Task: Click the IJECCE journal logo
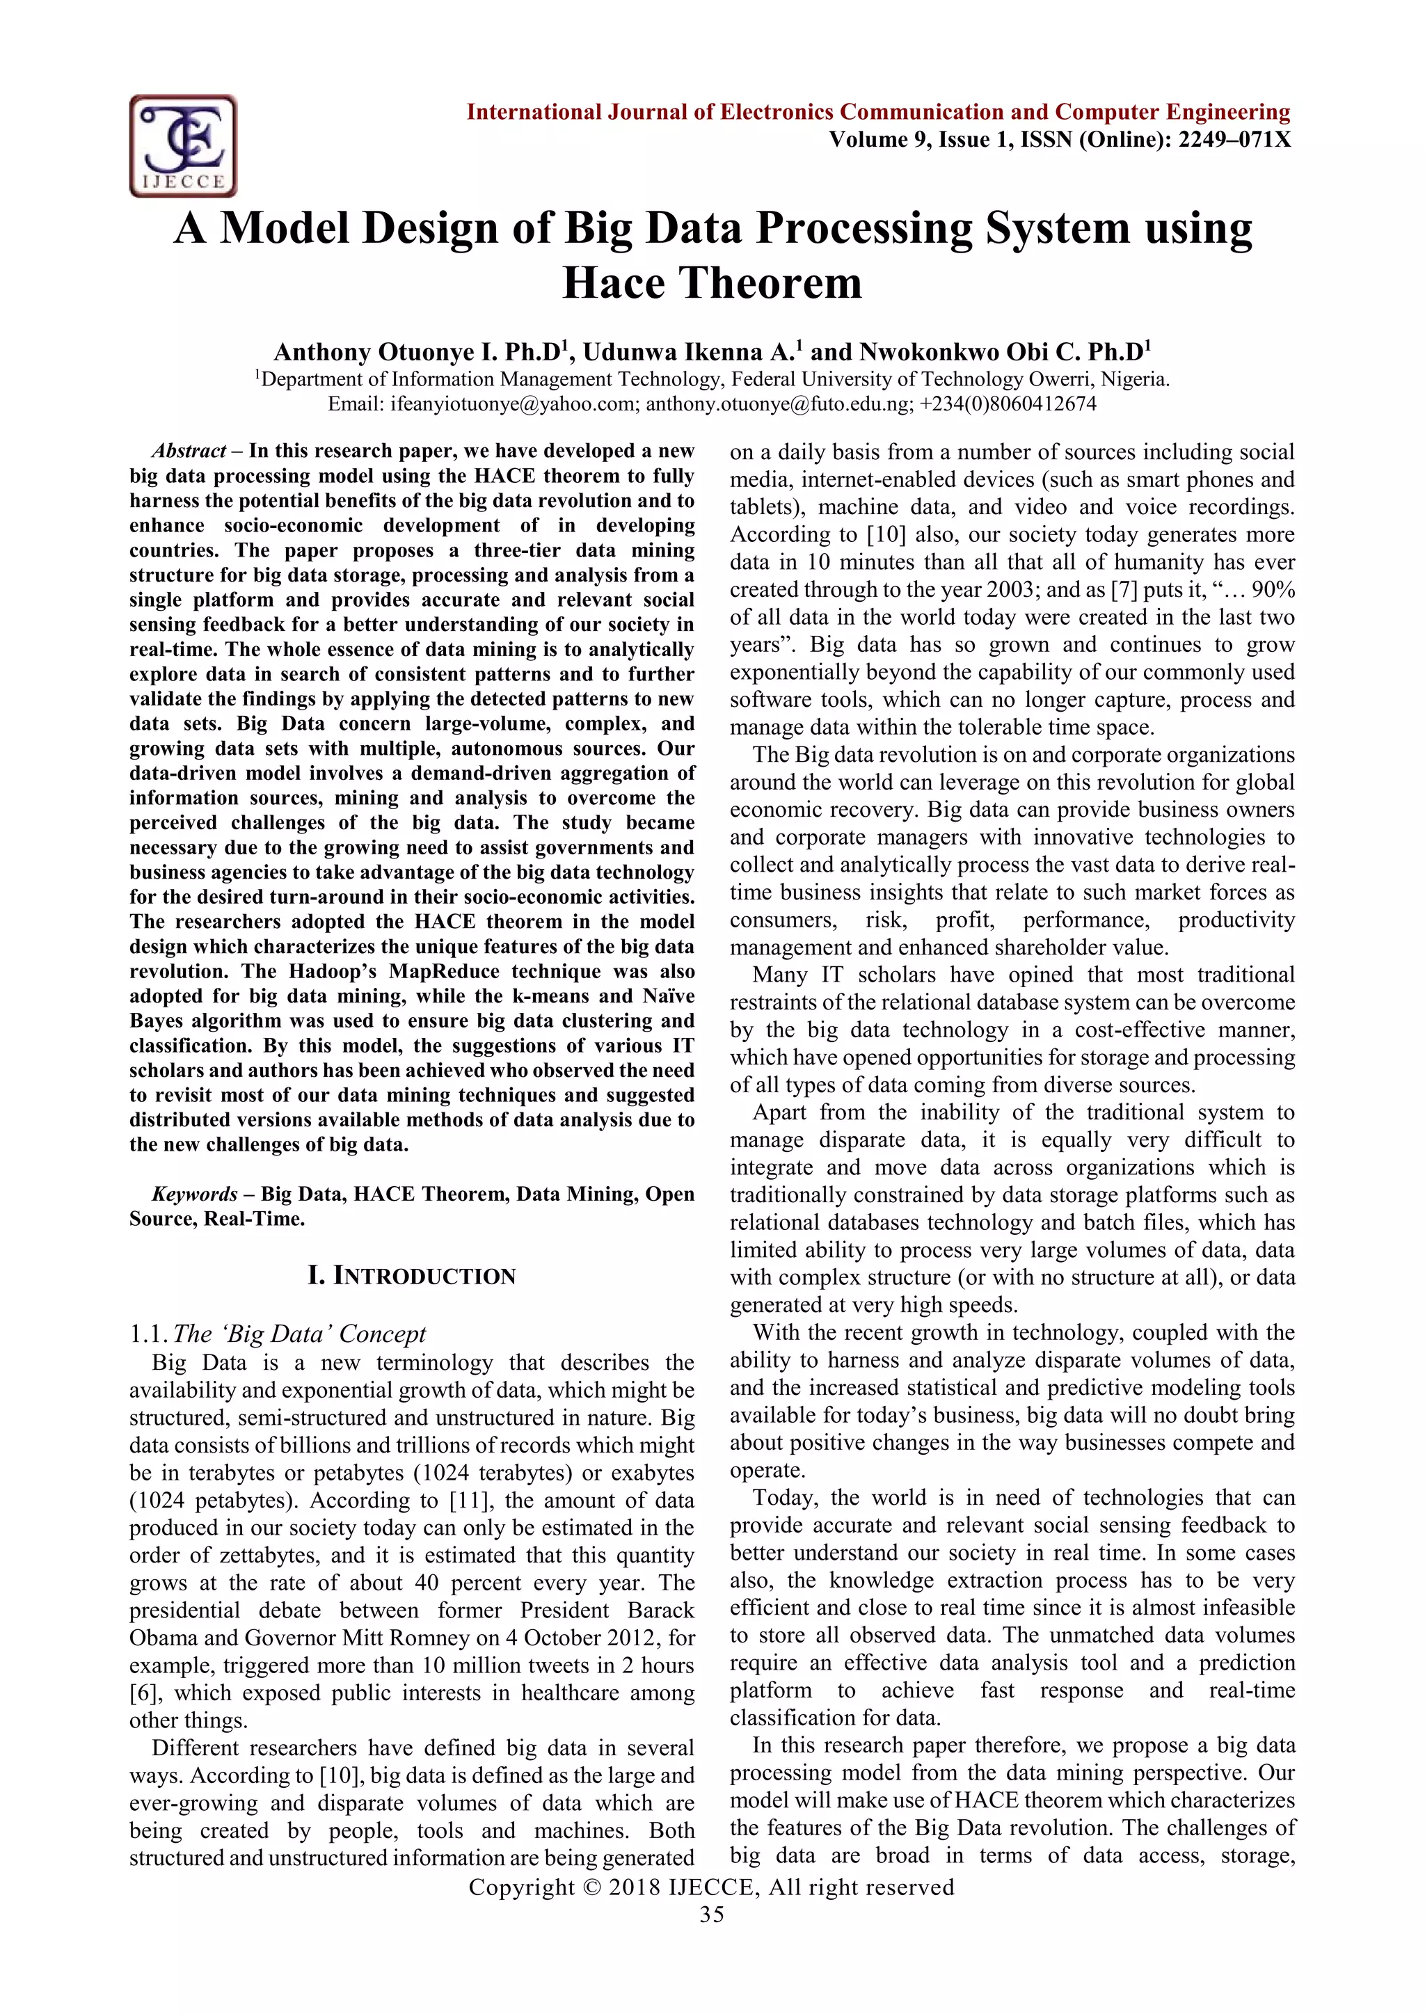[x=184, y=145]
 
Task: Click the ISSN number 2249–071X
[x=1234, y=139]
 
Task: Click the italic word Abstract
[x=189, y=451]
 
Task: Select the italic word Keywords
[x=194, y=1194]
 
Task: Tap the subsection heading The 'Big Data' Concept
[x=299, y=1334]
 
